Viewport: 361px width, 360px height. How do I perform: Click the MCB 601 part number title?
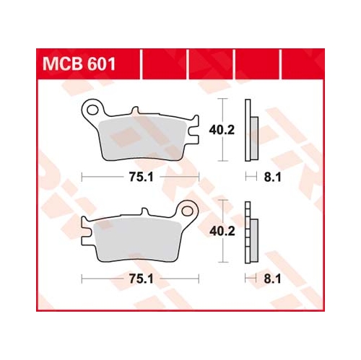(x=79, y=64)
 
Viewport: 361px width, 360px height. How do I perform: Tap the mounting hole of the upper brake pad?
(x=92, y=110)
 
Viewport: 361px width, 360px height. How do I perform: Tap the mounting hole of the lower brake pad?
(x=187, y=211)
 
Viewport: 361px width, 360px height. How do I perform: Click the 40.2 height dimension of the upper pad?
(x=222, y=130)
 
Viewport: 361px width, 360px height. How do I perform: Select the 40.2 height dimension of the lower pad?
(x=222, y=232)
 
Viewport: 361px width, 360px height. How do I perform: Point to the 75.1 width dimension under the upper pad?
(x=141, y=177)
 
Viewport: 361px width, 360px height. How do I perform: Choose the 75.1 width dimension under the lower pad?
(x=141, y=279)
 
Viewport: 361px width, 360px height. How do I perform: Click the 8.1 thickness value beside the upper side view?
(x=272, y=177)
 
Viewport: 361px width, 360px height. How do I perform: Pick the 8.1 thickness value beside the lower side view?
(x=272, y=279)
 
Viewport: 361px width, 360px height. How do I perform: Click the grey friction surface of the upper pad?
(x=143, y=140)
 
